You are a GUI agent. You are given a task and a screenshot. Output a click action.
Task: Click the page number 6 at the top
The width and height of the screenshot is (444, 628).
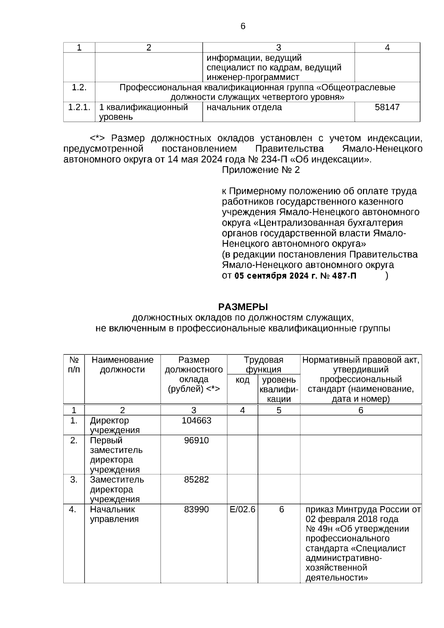point(243,26)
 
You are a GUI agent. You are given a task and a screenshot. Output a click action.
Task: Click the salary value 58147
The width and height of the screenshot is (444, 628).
point(387,107)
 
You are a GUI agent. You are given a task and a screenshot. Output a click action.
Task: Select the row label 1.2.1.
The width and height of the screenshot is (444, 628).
point(79,107)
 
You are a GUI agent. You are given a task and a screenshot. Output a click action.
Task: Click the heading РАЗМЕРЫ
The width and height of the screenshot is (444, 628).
point(243,307)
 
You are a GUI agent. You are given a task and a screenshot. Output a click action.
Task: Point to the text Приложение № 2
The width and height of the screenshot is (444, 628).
point(261,170)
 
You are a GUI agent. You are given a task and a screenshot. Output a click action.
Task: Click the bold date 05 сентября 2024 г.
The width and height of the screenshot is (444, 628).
point(276,276)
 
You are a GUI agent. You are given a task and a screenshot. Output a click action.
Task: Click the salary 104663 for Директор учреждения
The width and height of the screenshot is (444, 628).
point(196,421)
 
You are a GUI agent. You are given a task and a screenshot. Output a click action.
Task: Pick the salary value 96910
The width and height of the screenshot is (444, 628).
point(196,440)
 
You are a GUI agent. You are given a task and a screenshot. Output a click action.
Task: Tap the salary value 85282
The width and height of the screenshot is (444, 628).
point(196,480)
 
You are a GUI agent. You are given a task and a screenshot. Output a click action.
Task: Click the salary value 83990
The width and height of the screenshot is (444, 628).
point(196,509)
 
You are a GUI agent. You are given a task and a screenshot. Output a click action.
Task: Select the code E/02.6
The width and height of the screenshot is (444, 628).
point(242,509)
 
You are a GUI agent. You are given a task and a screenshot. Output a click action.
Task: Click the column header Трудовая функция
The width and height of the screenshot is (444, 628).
point(263,365)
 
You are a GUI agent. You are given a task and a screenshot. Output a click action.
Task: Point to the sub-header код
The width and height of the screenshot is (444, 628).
point(242,380)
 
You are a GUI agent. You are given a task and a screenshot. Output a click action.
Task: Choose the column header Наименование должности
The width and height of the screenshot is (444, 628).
point(122,365)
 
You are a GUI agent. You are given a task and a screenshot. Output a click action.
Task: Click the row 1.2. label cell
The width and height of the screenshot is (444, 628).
point(79,88)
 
